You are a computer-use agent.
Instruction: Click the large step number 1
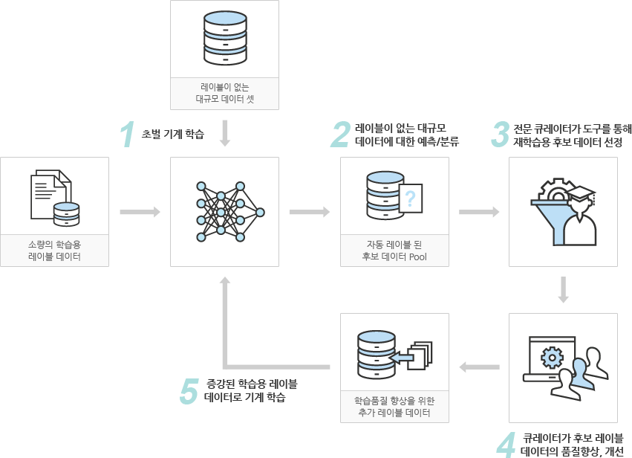tap(128, 135)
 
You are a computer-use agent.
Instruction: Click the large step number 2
tap(340, 135)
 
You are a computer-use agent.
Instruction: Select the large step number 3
tap(501, 135)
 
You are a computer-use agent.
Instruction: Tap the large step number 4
tap(506, 445)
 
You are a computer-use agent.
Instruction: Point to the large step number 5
tap(189, 390)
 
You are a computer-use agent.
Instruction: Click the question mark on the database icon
tap(410, 199)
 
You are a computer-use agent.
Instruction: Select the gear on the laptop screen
tap(552, 357)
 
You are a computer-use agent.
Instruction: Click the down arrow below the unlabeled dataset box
tap(225, 133)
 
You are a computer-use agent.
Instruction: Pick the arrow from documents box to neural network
tap(140, 212)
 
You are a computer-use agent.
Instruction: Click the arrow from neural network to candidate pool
tap(310, 212)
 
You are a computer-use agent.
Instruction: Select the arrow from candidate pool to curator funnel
tap(479, 212)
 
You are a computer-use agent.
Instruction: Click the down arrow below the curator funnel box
tap(563, 290)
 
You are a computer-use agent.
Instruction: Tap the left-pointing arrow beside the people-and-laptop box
tap(479, 367)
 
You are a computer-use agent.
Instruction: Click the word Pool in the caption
tap(417, 257)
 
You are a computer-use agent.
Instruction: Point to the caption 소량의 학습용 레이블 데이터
tap(54, 251)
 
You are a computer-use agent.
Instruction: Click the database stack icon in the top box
tap(225, 38)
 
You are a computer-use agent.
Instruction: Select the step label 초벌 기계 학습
tap(172, 134)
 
